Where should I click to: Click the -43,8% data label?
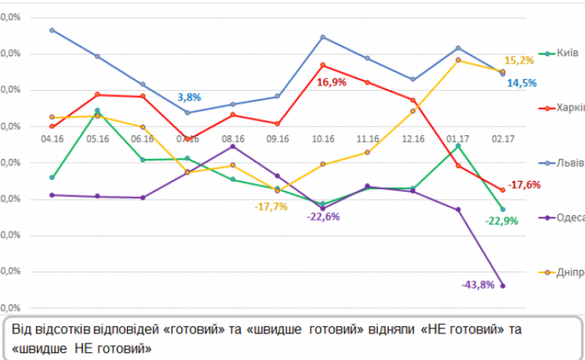coord(478,284)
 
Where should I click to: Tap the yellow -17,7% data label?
coord(271,206)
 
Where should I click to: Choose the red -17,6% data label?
coord(524,185)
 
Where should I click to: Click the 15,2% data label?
coord(519,60)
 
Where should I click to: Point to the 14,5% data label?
coord(522,83)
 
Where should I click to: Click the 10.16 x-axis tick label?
coord(323,138)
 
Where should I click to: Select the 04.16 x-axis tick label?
coord(53,138)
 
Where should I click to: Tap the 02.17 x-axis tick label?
coord(502,138)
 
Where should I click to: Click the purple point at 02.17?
coord(502,286)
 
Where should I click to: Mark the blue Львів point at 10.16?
coord(323,37)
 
